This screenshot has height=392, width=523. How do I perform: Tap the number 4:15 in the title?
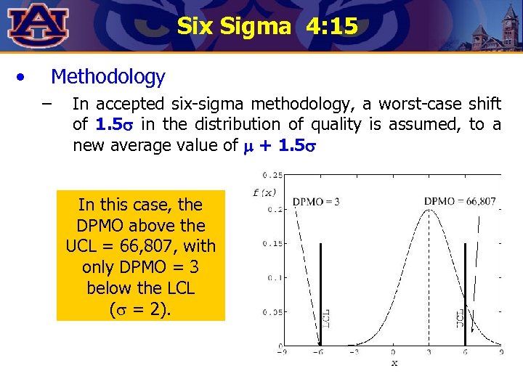tap(332, 27)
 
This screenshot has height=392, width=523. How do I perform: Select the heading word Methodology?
tap(108, 76)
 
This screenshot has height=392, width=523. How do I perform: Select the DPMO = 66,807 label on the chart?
tap(460, 202)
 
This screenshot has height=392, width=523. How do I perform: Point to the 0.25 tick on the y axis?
tap(274, 175)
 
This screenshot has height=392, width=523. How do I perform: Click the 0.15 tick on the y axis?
tap(274, 243)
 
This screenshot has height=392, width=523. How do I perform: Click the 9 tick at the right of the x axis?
tap(500, 352)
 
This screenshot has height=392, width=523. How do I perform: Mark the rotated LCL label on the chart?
tap(328, 317)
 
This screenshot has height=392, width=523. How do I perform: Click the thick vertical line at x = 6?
tap(465, 290)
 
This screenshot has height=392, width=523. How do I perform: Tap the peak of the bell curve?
tap(429, 211)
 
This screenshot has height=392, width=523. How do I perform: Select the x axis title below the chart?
tap(394, 362)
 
